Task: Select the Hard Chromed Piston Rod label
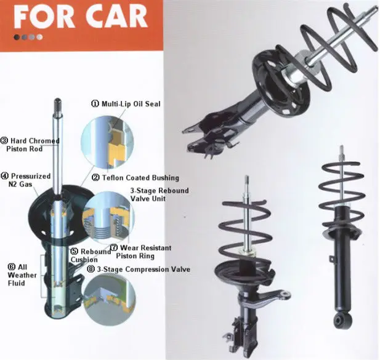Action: coord(31,145)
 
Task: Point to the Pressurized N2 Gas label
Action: coord(26,180)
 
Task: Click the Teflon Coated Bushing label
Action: coord(135,177)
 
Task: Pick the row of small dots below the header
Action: coord(28,37)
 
